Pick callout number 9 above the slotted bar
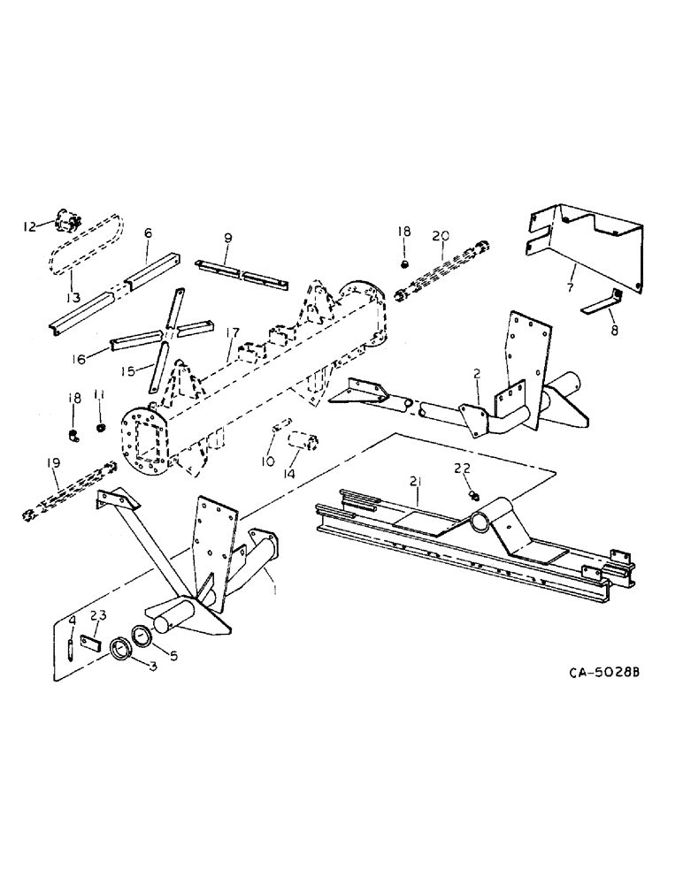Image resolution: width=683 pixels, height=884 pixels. click(x=227, y=238)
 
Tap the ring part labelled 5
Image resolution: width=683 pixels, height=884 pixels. click(x=141, y=636)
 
